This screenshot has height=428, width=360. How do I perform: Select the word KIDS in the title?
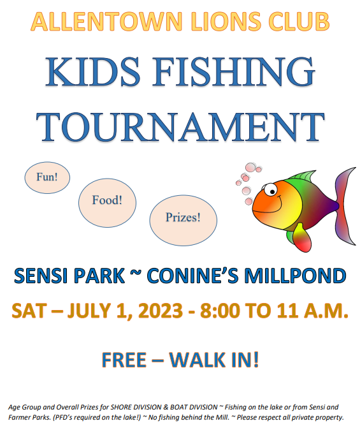coord(92,71)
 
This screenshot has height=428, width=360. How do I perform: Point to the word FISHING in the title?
coord(233,71)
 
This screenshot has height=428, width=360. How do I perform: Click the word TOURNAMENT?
coord(180,127)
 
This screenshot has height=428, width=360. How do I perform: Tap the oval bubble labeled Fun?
coord(47,177)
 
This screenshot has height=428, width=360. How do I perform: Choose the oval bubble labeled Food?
coord(107,203)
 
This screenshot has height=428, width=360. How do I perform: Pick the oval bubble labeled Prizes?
coord(184,220)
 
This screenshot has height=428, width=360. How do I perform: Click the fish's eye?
coord(270,189)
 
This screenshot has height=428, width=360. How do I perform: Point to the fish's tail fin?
coord(345,205)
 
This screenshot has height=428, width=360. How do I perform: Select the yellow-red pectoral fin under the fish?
coord(302,237)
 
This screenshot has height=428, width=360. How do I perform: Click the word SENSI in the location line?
coord(41,276)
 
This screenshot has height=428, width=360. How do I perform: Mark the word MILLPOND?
coord(295,276)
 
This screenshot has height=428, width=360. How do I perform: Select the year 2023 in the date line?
coord(161,311)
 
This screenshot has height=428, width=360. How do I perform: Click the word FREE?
coord(124,360)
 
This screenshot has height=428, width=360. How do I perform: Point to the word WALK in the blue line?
coord(198,360)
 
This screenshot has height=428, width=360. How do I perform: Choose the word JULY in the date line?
coord(89,311)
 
